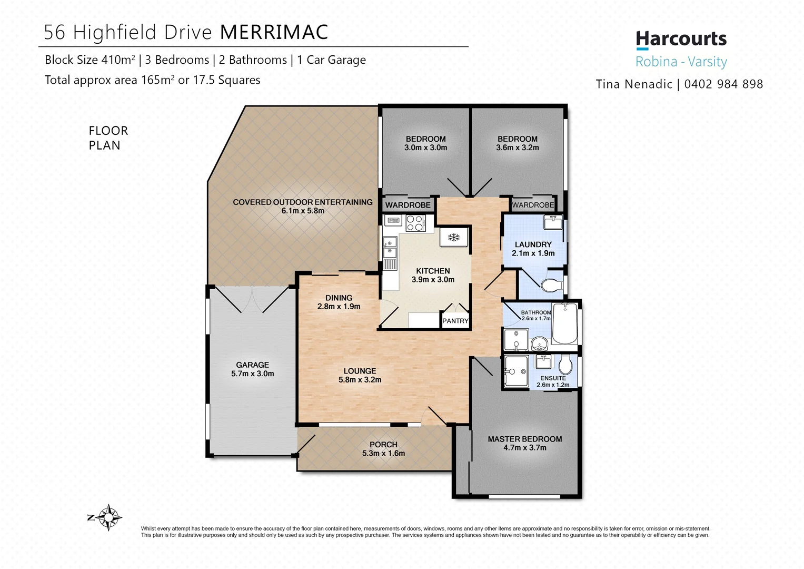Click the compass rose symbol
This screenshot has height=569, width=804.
108,517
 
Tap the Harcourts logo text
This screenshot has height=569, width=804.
681,39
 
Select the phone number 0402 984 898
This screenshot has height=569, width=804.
723,84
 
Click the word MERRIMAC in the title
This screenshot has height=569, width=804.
274,32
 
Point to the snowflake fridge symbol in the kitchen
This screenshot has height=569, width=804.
454,237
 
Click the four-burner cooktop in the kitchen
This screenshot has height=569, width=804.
415,223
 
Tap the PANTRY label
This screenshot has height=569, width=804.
455,321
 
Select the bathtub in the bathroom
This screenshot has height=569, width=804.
564,323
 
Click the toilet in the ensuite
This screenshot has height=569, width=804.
565,364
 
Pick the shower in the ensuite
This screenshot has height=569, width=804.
516,371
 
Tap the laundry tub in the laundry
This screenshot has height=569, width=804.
553,222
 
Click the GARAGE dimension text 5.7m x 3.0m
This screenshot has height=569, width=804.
252,374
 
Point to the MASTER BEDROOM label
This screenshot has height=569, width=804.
524,439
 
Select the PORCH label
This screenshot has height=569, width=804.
383,445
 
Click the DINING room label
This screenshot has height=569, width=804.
339,298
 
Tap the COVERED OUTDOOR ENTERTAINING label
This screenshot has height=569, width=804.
302,202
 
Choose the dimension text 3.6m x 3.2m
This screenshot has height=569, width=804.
517,148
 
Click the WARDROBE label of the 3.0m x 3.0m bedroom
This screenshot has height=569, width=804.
408,205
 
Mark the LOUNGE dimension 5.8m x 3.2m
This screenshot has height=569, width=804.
360,379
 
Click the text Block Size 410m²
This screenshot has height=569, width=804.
90,60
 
